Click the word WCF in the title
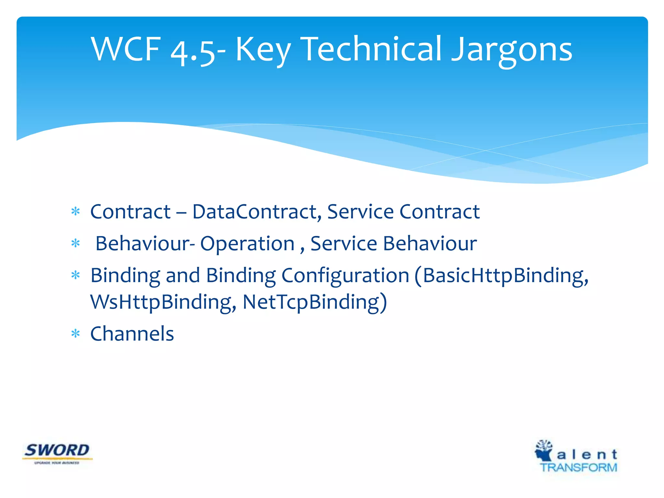coord(126,49)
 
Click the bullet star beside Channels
coord(76,334)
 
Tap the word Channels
coord(132,334)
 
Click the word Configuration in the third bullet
coord(345,276)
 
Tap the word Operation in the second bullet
coord(247,243)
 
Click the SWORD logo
coord(57,453)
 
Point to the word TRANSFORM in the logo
coord(578,468)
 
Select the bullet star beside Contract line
coord(76,212)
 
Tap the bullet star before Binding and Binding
coord(76,276)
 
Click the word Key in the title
coord(262,50)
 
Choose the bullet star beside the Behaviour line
coord(76,243)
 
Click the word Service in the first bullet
coord(360,212)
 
